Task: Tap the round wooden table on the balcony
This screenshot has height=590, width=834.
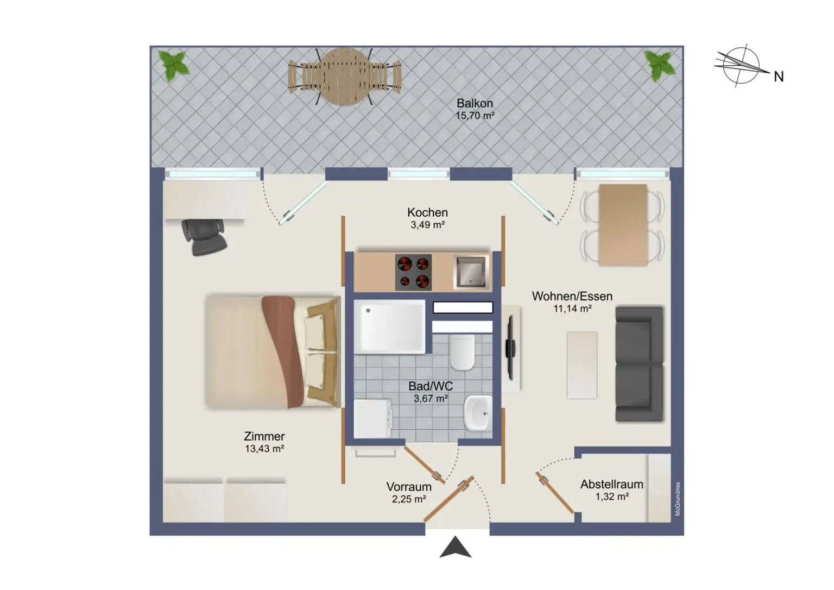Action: (345, 77)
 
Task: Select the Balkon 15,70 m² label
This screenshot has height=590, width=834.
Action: (475, 109)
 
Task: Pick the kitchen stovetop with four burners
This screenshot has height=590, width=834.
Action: (413, 272)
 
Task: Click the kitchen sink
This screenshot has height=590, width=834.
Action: (470, 272)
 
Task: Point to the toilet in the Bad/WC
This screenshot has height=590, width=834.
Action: (462, 353)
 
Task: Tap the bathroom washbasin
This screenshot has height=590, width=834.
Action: (478, 413)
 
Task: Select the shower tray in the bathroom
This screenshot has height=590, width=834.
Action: (389, 327)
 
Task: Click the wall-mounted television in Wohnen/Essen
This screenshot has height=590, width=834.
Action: (510, 348)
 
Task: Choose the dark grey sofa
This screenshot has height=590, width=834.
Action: (639, 363)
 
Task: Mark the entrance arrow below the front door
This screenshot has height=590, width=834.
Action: (456, 548)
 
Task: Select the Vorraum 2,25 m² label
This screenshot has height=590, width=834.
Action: (409, 493)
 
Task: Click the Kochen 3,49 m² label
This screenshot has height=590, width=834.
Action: (427, 218)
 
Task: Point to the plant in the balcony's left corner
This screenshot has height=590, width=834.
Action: (174, 66)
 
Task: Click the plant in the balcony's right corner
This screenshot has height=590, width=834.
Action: (660, 65)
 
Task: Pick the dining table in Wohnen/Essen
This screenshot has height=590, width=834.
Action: (622, 225)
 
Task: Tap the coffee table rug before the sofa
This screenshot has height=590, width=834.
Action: (582, 365)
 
